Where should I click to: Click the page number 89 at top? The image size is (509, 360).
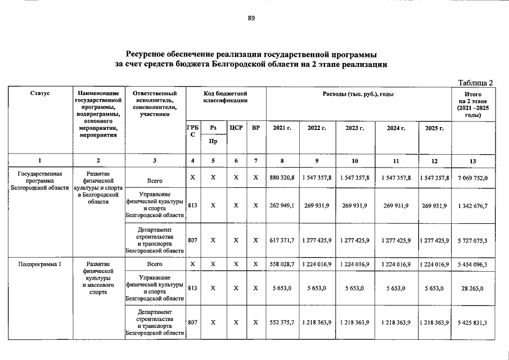coord(251,19)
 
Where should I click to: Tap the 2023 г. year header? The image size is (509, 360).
coord(355,128)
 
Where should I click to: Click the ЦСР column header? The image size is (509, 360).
coord(236,128)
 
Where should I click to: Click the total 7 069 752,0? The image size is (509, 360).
coord(472,178)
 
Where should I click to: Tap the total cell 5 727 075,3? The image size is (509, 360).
coord(472,240)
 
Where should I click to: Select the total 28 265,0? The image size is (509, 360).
coord(472,289)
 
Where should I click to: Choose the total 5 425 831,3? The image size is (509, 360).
coord(472,322)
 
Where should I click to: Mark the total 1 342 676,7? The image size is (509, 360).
coord(472,206)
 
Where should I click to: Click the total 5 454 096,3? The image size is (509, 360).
coord(472,264)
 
